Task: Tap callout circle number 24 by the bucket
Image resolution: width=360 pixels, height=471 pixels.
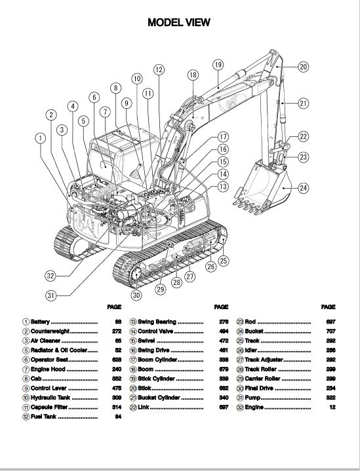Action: point(303,188)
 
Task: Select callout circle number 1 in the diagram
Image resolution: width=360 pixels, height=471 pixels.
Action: point(41,138)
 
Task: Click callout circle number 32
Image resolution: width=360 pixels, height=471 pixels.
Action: point(50,274)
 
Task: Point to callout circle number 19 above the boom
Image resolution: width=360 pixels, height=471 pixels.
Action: point(218,64)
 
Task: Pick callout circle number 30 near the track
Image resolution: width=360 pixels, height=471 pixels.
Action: point(136,295)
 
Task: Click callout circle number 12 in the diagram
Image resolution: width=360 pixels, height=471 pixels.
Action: point(159,69)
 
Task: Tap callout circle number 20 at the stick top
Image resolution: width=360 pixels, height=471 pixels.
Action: point(302,66)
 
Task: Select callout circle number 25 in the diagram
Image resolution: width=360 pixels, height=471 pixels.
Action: point(224,261)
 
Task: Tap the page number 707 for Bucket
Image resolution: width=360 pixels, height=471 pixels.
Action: point(330,331)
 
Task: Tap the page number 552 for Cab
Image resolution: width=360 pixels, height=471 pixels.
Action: point(118,379)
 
